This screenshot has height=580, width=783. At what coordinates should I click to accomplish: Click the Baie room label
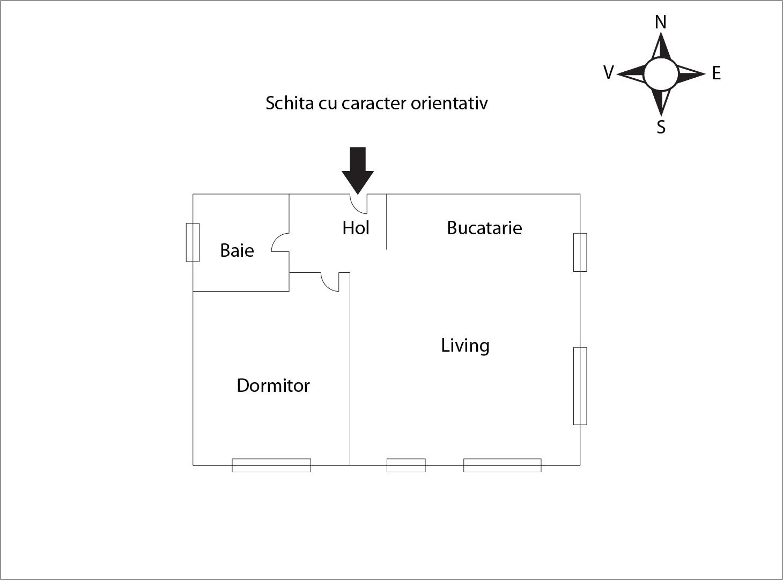coord(237,250)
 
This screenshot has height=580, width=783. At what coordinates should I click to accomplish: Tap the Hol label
coord(356,228)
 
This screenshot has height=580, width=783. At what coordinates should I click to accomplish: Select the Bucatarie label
coord(484,228)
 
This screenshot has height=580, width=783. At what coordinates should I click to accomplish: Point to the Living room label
coord(465,346)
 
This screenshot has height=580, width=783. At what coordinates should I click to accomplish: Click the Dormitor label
coord(273,385)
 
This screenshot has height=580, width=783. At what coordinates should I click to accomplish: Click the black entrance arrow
coord(358,170)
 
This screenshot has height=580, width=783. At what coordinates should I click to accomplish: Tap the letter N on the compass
coord(661,22)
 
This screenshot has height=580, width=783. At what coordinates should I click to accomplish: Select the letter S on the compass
coord(661,127)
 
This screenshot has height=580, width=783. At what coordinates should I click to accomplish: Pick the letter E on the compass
coord(716,73)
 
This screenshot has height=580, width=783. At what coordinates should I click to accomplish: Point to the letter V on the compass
coord(609,73)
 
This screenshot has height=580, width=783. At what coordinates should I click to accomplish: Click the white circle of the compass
coord(661,74)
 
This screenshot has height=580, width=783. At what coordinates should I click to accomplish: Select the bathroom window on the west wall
coord(193,242)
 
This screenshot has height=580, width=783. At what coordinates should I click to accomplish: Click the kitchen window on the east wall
coord(580,252)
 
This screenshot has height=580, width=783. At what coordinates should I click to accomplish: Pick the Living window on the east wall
coord(580,386)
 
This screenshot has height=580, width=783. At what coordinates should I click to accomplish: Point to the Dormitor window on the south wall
coord(271,465)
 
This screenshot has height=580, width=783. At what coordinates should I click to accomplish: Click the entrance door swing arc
coord(358,204)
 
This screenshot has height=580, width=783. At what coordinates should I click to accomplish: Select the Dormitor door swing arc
coord(330,282)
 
